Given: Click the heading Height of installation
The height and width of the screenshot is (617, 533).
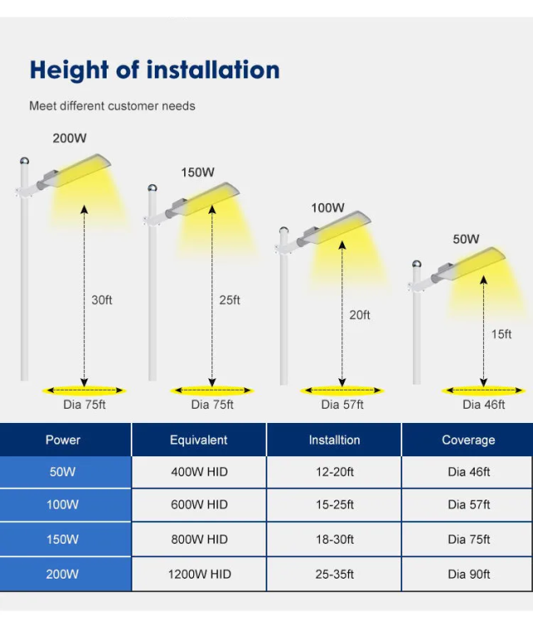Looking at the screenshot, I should (154, 70).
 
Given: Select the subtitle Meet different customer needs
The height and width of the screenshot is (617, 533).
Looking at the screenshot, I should (112, 106).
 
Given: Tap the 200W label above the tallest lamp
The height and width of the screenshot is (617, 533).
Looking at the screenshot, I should (70, 138).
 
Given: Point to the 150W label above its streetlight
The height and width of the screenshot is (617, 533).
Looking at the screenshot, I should (197, 172).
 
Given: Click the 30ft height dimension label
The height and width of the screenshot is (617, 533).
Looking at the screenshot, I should (102, 300).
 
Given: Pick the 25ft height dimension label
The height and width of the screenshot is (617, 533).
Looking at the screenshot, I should (230, 300).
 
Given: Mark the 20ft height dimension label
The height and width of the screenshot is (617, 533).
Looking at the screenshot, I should (360, 315).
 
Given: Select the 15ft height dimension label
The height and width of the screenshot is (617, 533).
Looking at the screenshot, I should (501, 334).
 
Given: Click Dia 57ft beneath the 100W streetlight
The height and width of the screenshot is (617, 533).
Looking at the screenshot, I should (342, 405).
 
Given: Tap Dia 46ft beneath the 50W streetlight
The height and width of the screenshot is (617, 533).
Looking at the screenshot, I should (484, 405).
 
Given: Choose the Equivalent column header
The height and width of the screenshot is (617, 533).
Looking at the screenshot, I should (198, 440).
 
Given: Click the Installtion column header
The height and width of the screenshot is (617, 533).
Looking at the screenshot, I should (334, 440).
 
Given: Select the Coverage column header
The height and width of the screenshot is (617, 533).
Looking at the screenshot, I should (468, 440).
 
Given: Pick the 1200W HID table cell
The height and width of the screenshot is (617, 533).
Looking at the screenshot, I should (199, 574).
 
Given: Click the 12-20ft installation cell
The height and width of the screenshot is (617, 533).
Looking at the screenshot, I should (333, 472).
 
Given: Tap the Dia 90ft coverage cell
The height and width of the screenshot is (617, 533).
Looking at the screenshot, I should (468, 574).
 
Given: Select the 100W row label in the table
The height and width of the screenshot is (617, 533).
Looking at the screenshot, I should (62, 505).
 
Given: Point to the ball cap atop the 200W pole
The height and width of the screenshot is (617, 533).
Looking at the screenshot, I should (25, 161).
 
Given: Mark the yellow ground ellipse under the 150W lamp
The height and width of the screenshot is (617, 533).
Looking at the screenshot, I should (212, 390).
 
